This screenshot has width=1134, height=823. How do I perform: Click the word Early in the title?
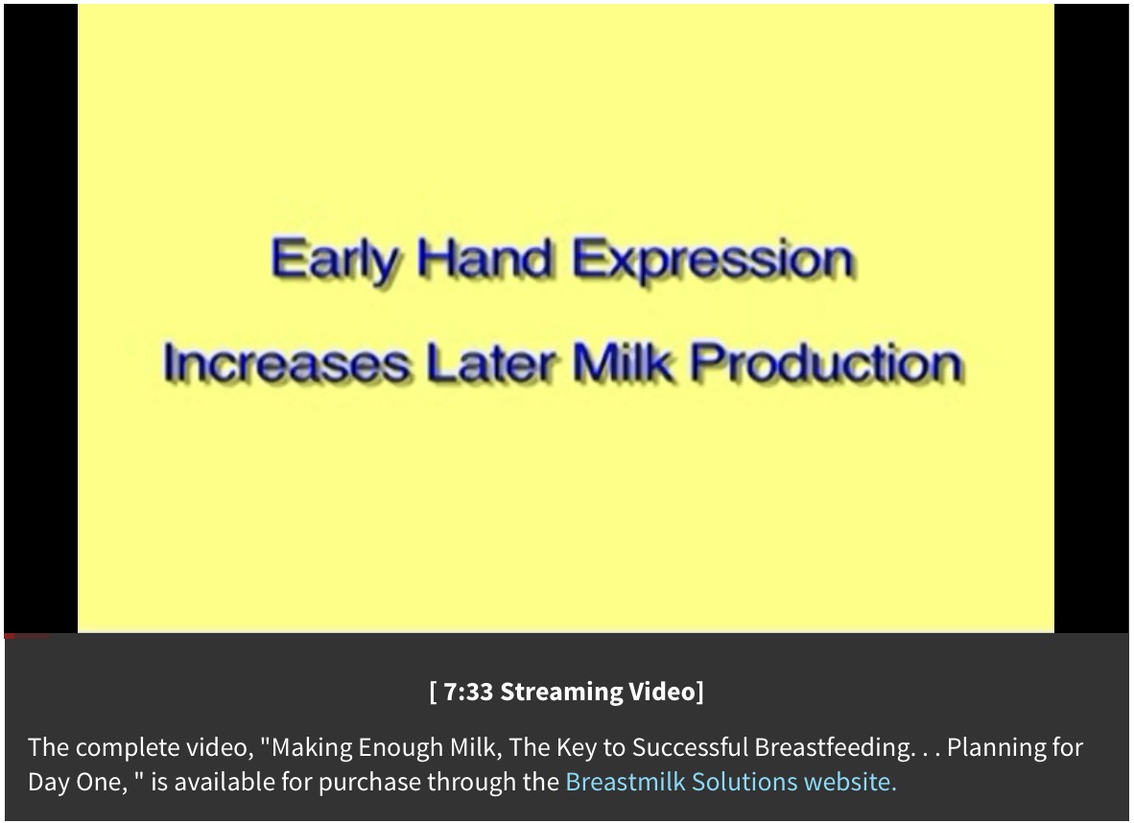coord(334,260)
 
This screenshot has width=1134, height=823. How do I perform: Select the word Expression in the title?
coord(712,260)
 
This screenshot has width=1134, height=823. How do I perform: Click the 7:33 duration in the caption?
coord(468,692)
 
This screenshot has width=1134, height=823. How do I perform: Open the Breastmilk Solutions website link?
coord(730,782)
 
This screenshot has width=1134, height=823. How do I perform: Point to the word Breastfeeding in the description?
coord(833,748)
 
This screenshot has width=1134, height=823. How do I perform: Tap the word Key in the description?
coord(576,748)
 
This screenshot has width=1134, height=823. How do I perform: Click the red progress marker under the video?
coord(10,636)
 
